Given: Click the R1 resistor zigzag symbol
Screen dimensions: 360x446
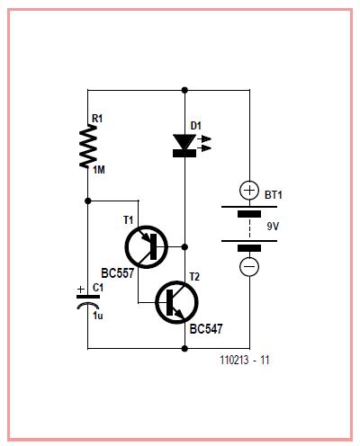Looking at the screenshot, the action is (88, 147).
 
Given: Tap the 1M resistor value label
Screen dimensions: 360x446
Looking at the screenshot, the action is (99, 170).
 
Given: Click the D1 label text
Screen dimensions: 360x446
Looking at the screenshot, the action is (196, 126).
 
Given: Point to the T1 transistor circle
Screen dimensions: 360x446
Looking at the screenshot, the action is (146, 247).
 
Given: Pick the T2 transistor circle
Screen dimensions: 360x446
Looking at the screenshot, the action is (176, 302).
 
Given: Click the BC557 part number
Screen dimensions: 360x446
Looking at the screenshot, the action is (118, 273).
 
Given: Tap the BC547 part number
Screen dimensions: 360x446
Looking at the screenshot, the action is (206, 329).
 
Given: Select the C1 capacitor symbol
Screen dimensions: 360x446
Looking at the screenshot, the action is (88, 301).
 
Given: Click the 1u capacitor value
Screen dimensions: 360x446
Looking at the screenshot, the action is (97, 316).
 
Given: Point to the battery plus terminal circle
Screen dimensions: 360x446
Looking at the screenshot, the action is (249, 191).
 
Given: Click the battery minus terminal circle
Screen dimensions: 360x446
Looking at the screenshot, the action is (249, 266).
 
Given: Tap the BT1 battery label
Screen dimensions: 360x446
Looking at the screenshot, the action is (274, 195).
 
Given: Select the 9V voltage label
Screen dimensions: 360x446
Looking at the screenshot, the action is (273, 227).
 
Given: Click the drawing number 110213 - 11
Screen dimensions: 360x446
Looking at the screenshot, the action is (245, 360).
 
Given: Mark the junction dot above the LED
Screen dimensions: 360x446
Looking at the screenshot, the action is (184, 90).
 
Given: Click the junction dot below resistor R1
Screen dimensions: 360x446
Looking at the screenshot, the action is (88, 201).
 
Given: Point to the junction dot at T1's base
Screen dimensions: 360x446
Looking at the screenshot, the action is (184, 247).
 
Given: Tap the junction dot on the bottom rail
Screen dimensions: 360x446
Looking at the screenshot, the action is (184, 349).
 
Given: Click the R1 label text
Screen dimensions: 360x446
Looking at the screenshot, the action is (97, 119).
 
